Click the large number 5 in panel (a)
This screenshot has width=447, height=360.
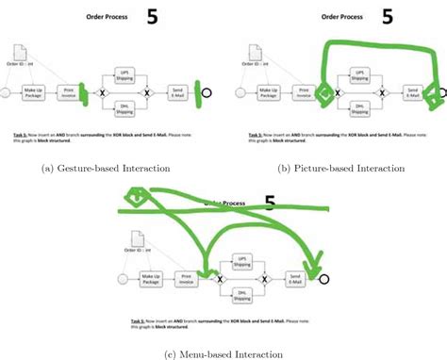point(153,16)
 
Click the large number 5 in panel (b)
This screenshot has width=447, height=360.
point(387,16)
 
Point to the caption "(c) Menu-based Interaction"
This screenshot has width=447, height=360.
point(223,352)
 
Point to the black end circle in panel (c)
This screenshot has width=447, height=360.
point(324,278)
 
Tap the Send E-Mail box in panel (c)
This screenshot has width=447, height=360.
point(296,278)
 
